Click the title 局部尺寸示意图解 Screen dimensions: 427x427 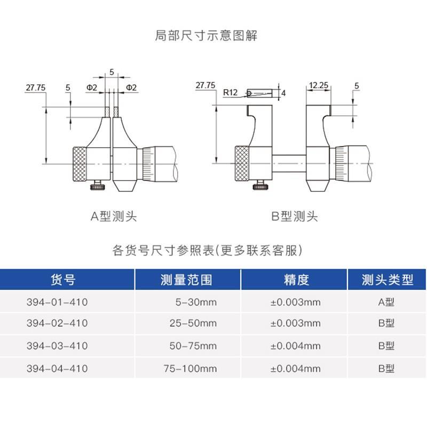(x=213, y=36)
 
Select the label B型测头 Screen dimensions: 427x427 (x=295, y=216)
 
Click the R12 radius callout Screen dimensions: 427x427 (x=230, y=92)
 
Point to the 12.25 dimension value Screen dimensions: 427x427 (x=317, y=85)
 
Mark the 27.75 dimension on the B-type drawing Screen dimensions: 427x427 (x=205, y=85)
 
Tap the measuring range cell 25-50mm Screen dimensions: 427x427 (x=196, y=323)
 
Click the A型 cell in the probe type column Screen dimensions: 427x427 (x=386, y=302)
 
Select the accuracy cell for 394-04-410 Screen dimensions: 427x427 (x=296, y=368)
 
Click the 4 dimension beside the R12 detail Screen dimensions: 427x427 (x=283, y=93)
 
